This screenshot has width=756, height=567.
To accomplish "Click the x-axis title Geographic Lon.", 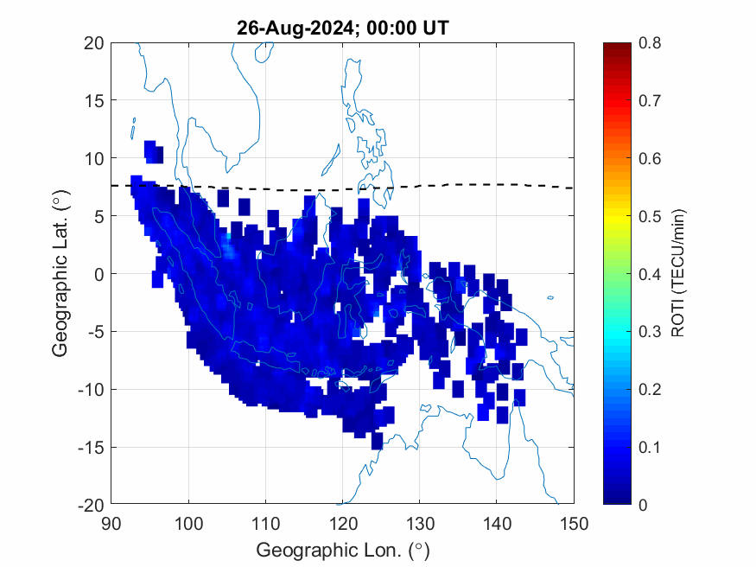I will click(342, 550).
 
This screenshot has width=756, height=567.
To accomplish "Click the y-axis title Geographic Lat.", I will click(60, 274).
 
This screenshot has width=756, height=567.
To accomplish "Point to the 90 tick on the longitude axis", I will click(111, 523).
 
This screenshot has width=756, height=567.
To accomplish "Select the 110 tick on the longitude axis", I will click(265, 523).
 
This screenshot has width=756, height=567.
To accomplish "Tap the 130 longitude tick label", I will click(420, 523).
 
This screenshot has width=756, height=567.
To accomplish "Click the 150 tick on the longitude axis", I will click(574, 523).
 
